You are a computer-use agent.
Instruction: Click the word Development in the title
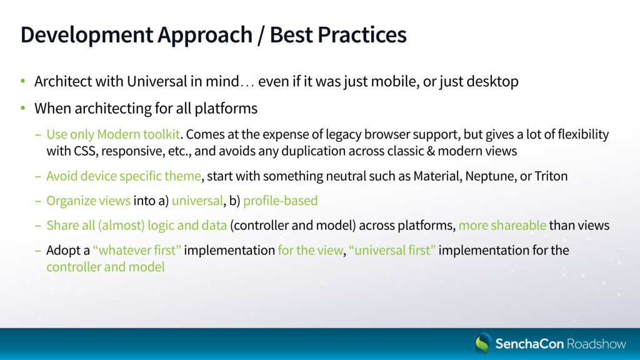coord(87,35)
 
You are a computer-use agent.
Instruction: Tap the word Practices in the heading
coord(362,34)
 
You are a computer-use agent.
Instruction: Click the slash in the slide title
coord(261,35)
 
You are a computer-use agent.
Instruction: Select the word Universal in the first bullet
coord(157,81)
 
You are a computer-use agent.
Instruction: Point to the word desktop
coord(492,82)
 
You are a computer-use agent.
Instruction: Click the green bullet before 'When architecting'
coord(23,108)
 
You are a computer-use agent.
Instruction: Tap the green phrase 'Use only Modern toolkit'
coord(113,134)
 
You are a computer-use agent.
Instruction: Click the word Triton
coord(551,176)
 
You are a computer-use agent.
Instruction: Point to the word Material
coord(437,176)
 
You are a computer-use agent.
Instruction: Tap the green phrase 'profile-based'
coord(281,201)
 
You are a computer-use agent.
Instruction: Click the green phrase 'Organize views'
coord(89,201)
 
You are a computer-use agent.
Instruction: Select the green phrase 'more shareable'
coord(502,225)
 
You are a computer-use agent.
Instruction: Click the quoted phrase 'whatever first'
coord(137,250)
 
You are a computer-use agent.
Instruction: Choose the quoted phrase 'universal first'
coord(392,250)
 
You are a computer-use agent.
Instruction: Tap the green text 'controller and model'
coord(105,267)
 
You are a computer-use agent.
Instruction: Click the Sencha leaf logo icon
coord(482,343)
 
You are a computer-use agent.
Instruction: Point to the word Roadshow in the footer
coord(596,344)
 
